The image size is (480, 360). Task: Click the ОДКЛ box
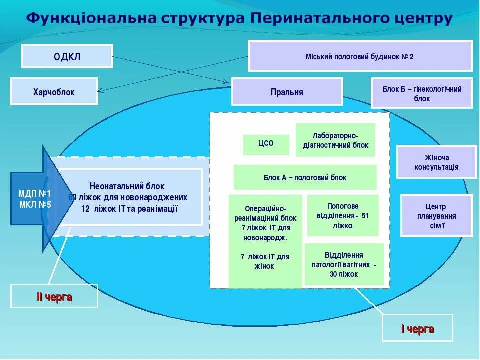tap(67, 56)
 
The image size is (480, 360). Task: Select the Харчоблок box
tap(54, 92)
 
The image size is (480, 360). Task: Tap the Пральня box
tap(287, 92)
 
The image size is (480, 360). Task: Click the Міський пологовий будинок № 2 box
tap(360, 56)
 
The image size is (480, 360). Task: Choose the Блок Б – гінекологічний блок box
tap(422, 93)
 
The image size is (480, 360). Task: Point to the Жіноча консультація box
tap(436, 162)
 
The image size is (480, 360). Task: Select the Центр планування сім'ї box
tap(436, 216)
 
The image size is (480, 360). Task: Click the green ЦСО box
tap(266, 144)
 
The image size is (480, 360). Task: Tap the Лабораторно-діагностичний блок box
tap(335, 140)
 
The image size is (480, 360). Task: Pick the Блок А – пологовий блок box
tap(305, 177)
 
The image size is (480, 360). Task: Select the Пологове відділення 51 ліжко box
tap(342, 215)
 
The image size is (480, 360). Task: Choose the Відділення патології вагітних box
tap(344, 264)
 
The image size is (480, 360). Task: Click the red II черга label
tap(54, 297)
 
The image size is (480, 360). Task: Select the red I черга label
tap(417, 329)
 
